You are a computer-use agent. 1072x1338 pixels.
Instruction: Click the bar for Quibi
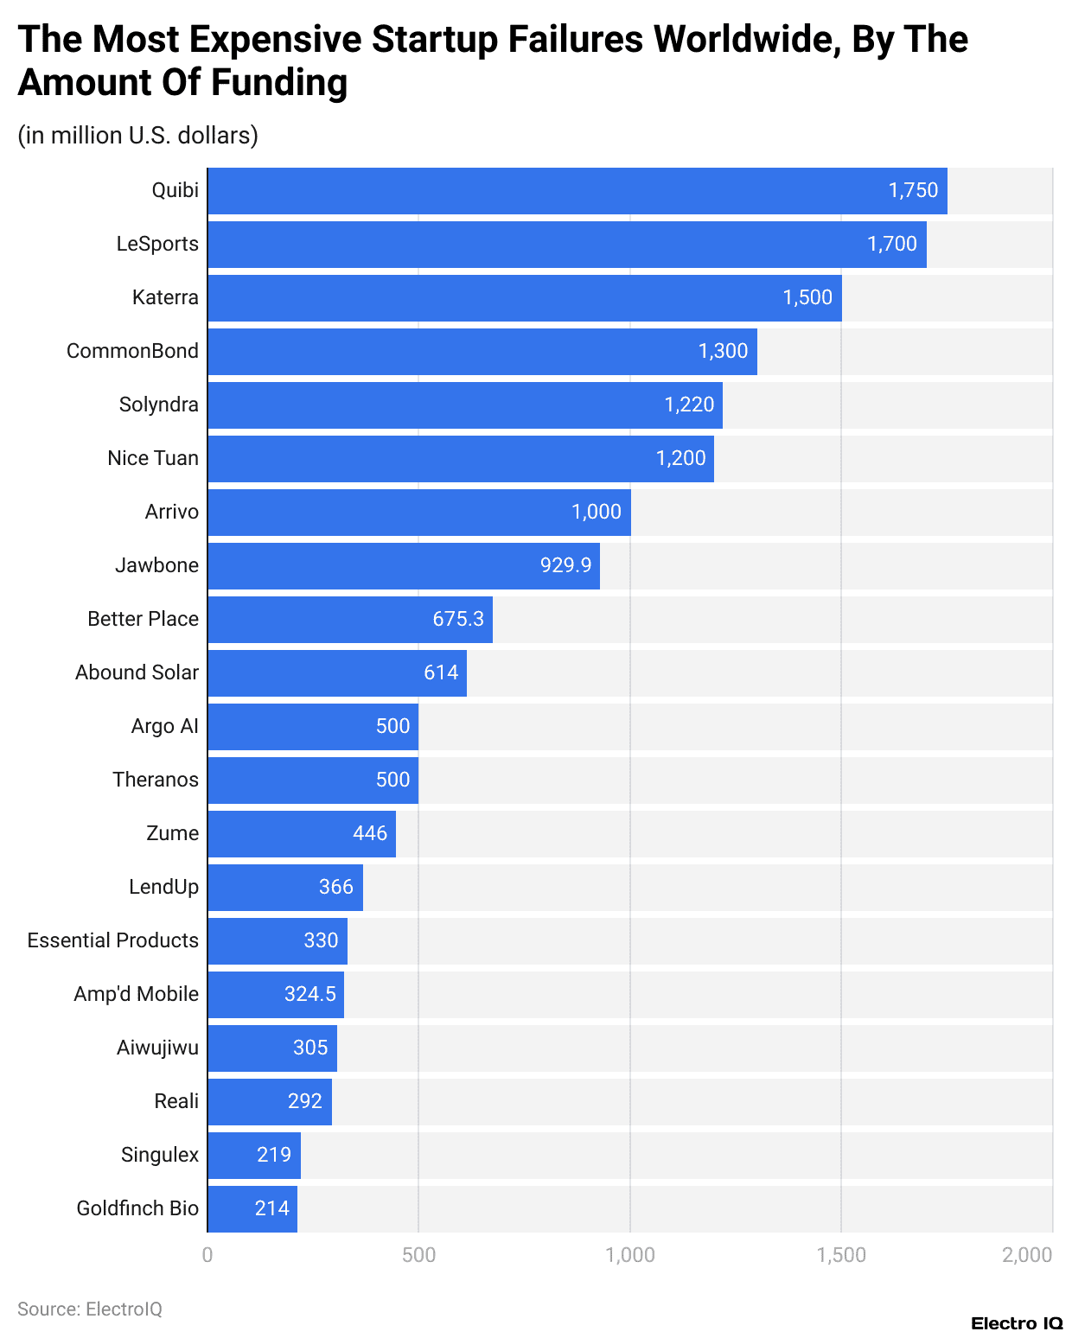point(577,191)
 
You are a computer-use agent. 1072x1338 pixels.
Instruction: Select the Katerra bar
point(524,298)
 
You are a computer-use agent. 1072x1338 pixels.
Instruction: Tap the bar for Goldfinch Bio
point(252,1209)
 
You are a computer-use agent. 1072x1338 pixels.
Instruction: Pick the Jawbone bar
point(403,566)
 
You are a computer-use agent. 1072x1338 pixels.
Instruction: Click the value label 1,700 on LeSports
point(891,244)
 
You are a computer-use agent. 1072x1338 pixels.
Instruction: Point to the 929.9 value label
point(565,565)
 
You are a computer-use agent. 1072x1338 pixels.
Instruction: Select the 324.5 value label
point(309,994)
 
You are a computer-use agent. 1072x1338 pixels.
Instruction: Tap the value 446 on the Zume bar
point(369,833)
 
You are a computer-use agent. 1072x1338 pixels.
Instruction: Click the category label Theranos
point(156,780)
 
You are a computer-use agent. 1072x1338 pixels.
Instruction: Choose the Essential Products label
point(113,940)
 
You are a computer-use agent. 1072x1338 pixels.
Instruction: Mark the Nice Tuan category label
point(153,458)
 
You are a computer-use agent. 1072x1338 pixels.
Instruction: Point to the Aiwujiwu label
point(157,1048)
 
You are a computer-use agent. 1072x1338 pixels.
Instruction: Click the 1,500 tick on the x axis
point(841,1255)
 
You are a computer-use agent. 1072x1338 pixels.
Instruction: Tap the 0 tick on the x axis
point(207,1255)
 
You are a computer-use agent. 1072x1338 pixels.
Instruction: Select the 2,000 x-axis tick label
point(1027,1255)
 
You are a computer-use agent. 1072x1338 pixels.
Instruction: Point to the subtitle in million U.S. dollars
point(138,136)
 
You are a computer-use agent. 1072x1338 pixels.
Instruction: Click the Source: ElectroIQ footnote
point(90,1309)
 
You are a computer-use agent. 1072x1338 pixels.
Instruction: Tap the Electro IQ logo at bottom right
point(1017,1323)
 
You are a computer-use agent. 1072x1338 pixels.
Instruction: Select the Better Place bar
point(349,620)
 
